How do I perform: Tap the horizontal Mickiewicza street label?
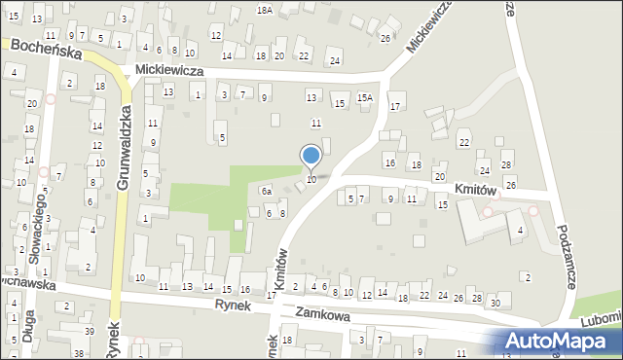tap(169, 70)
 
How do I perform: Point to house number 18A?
tap(265, 9)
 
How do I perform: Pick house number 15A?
tap(365, 97)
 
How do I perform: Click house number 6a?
tap(265, 192)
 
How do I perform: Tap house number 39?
tap(90, 333)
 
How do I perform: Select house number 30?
tap(495, 305)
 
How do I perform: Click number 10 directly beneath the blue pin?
tap(311, 180)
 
